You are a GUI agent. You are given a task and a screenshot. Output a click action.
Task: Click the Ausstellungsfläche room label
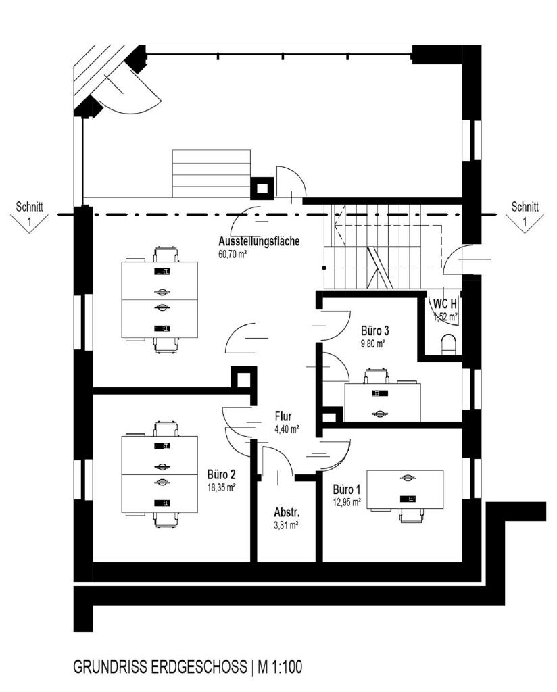click(258, 241)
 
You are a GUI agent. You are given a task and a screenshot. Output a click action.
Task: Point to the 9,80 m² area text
click(372, 343)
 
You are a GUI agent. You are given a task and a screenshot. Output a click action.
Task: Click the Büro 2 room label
click(221, 474)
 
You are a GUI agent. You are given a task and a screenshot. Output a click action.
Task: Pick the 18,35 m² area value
click(221, 486)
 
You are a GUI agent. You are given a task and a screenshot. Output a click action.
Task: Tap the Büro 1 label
click(347, 489)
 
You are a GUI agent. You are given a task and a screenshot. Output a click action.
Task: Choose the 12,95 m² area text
click(347, 501)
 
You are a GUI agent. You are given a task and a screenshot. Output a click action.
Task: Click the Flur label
click(283, 416)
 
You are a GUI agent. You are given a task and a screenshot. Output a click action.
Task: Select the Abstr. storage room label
click(287, 512)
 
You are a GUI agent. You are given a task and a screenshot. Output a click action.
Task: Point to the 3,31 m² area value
click(287, 524)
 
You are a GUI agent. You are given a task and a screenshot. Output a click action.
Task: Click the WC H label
click(445, 303)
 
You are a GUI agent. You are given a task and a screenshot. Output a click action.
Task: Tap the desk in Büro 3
click(382, 401)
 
